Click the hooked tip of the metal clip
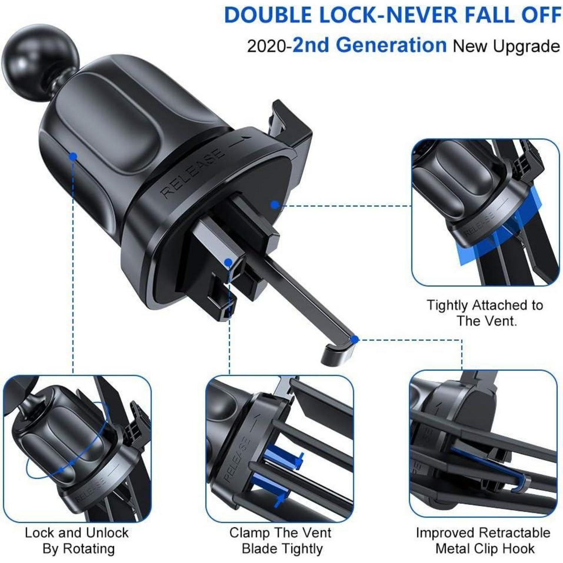click(x=338, y=353)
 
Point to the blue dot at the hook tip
click(x=354, y=340)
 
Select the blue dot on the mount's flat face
click(x=275, y=205)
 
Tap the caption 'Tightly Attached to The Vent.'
click(x=485, y=313)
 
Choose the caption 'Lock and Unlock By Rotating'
click(x=77, y=540)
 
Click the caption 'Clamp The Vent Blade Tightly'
click(x=281, y=540)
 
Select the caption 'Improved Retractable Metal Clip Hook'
click(x=483, y=540)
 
